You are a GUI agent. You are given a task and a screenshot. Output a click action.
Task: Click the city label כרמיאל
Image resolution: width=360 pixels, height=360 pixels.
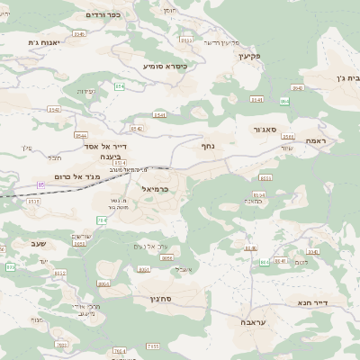(156, 189)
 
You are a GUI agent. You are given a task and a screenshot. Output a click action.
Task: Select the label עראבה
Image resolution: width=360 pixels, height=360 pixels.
(253, 321)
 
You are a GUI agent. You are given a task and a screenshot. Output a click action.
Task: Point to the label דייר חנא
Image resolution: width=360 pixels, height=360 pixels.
(311, 303)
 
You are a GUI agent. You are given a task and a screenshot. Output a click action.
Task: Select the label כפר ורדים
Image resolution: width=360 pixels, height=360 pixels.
(103, 15)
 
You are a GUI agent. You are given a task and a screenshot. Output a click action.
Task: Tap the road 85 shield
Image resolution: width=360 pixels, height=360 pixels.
(40, 185)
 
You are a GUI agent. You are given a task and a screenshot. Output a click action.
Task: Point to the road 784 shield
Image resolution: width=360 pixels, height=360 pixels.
(101, 220)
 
